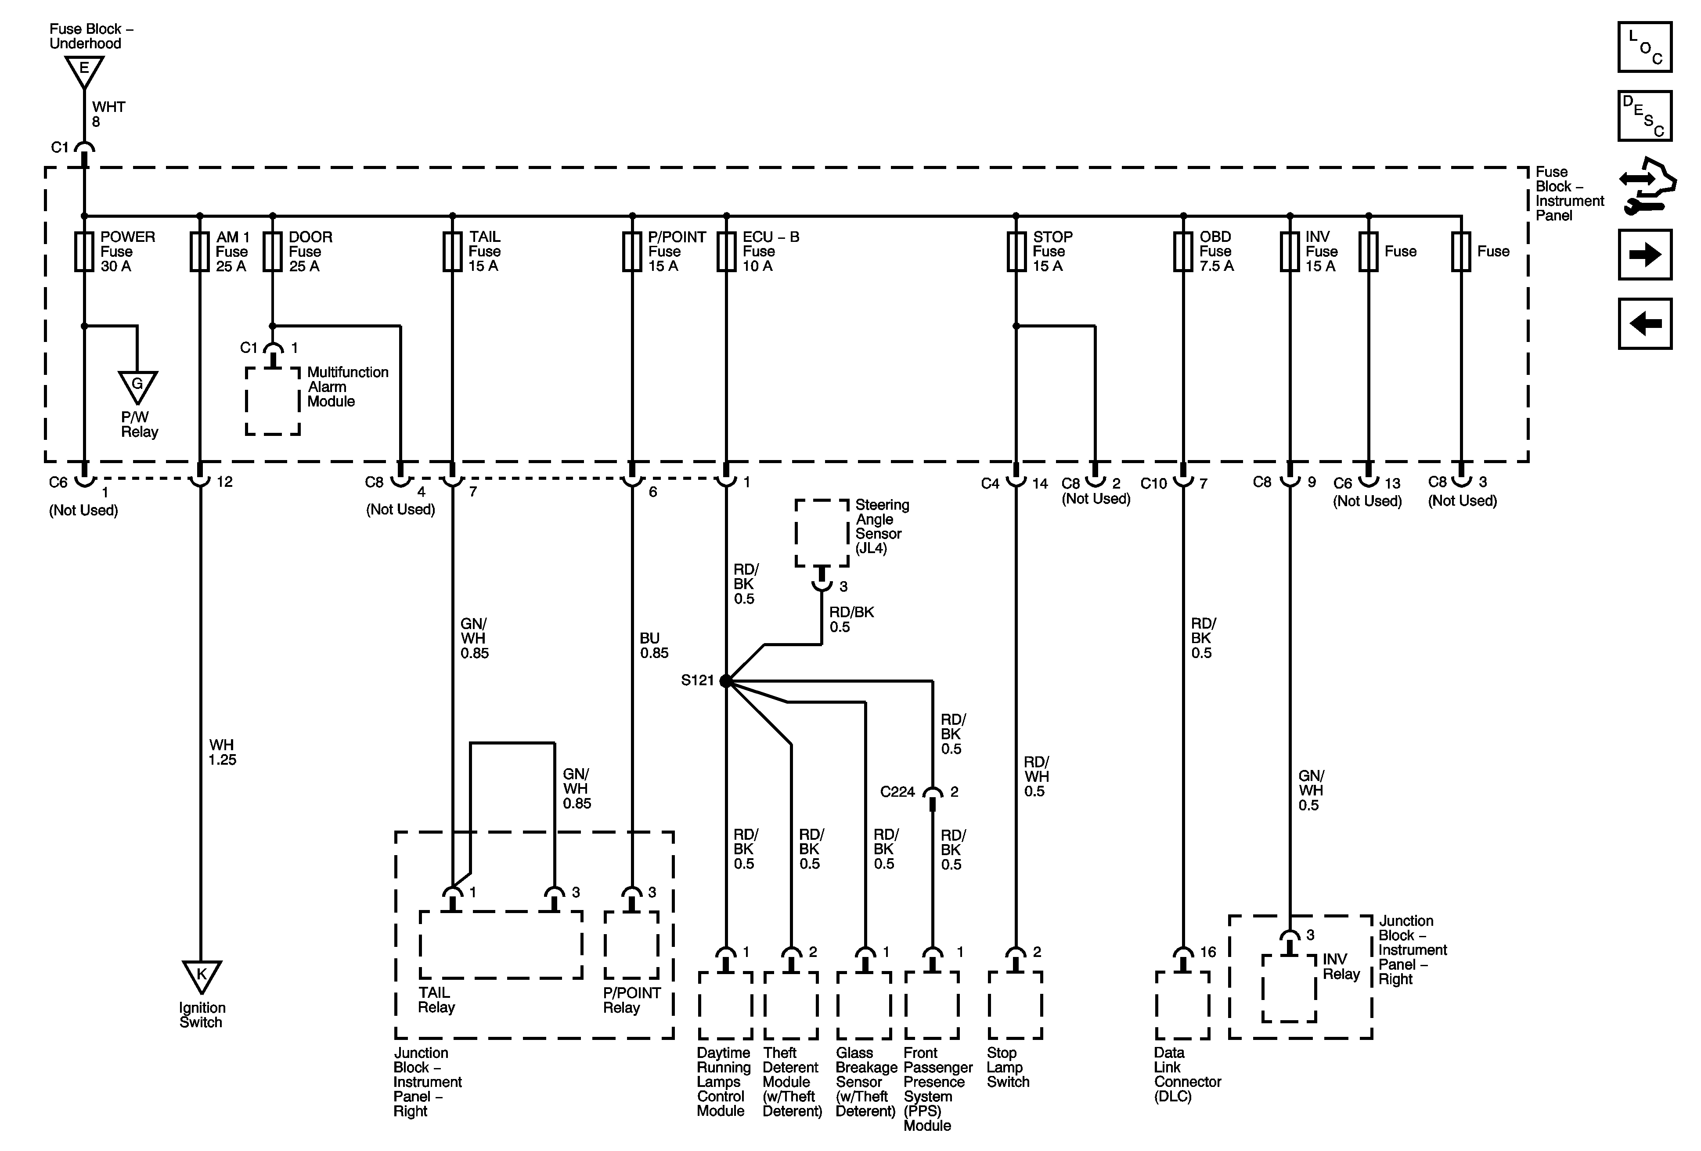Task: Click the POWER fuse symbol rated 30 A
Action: coord(84,252)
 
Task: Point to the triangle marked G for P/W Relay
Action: coord(137,385)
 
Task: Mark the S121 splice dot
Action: coord(725,681)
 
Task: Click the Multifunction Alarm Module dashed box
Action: coord(272,401)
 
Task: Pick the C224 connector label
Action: coord(897,792)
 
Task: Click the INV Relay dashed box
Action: coord(1289,988)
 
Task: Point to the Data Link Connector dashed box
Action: coord(1182,1005)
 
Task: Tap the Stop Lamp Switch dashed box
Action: coord(1015,1005)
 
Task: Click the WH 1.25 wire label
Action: coord(222,752)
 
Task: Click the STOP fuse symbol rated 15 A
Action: coord(1016,252)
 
